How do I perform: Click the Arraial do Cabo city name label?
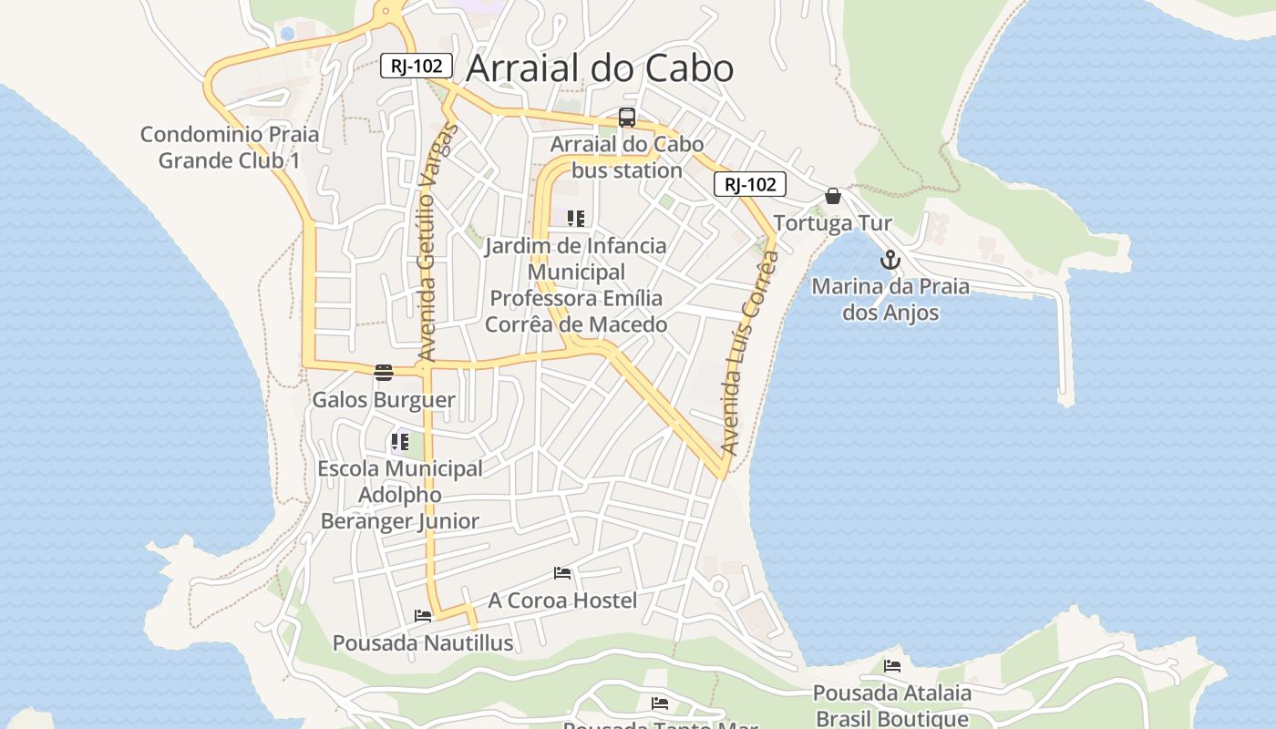pos(600,68)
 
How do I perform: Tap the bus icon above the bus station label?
pos(627,118)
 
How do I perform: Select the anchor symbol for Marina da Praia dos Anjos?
pos(890,261)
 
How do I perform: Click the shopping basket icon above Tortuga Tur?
pos(833,196)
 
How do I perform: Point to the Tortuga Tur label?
pos(832,223)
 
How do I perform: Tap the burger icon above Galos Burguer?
pos(384,373)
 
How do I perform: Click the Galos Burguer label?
pos(384,400)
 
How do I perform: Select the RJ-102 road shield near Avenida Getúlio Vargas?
pos(417,66)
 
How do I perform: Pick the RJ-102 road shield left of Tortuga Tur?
pos(749,185)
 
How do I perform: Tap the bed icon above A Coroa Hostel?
pos(562,573)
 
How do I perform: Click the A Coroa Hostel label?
pos(562,601)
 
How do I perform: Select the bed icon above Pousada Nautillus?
pos(423,616)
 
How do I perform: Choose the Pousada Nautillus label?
pos(423,643)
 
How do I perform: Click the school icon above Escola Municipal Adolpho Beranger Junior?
pos(400,442)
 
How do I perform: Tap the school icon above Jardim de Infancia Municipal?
pos(575,219)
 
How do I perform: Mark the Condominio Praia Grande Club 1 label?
pos(230,148)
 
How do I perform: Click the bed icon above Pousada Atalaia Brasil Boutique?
pos(892,666)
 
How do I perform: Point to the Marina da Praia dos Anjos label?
pos(890,300)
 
